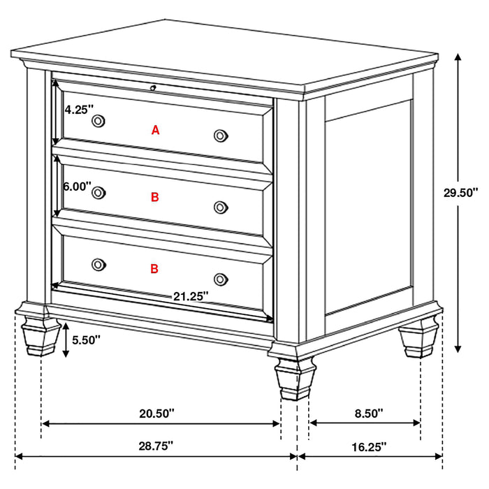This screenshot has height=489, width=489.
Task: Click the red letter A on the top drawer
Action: point(156,129)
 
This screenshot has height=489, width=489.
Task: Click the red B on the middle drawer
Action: point(155,198)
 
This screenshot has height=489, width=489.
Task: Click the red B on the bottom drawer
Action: point(154,268)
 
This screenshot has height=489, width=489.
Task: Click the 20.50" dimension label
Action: point(156,413)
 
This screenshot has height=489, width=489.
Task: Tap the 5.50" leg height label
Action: point(87,340)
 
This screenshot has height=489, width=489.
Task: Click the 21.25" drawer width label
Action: point(191,296)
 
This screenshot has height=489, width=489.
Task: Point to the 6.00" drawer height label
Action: point(77,187)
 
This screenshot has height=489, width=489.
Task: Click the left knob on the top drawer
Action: point(98,121)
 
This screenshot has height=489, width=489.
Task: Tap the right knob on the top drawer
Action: point(221,135)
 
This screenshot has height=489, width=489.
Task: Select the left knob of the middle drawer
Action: point(98,193)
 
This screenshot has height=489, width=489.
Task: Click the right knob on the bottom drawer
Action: point(221,278)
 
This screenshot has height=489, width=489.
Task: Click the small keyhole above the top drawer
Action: point(152,88)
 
